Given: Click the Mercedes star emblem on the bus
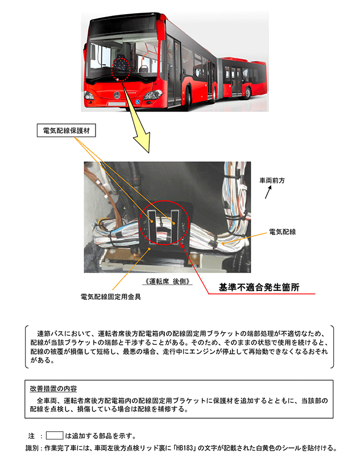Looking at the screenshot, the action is pyautogui.click(x=117, y=96).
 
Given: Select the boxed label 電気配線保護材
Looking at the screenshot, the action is pyautogui.click(x=66, y=131).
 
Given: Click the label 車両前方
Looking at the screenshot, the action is pyautogui.click(x=272, y=180).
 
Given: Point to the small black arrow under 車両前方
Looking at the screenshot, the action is pyautogui.click(x=268, y=192).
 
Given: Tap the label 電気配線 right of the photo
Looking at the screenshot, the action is pyautogui.click(x=282, y=232).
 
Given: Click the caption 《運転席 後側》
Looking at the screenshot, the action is pyautogui.click(x=167, y=281).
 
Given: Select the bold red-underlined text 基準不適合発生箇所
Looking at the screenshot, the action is pyautogui.click(x=259, y=287).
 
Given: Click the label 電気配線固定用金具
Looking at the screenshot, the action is pyautogui.click(x=110, y=297).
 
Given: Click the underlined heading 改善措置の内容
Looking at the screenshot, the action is pyautogui.click(x=53, y=389).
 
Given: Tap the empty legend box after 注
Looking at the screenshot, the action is pyautogui.click(x=55, y=435).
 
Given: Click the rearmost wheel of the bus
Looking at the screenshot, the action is pyautogui.click(x=247, y=93).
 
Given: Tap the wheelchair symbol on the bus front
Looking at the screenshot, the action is pyautogui.click(x=137, y=102).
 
